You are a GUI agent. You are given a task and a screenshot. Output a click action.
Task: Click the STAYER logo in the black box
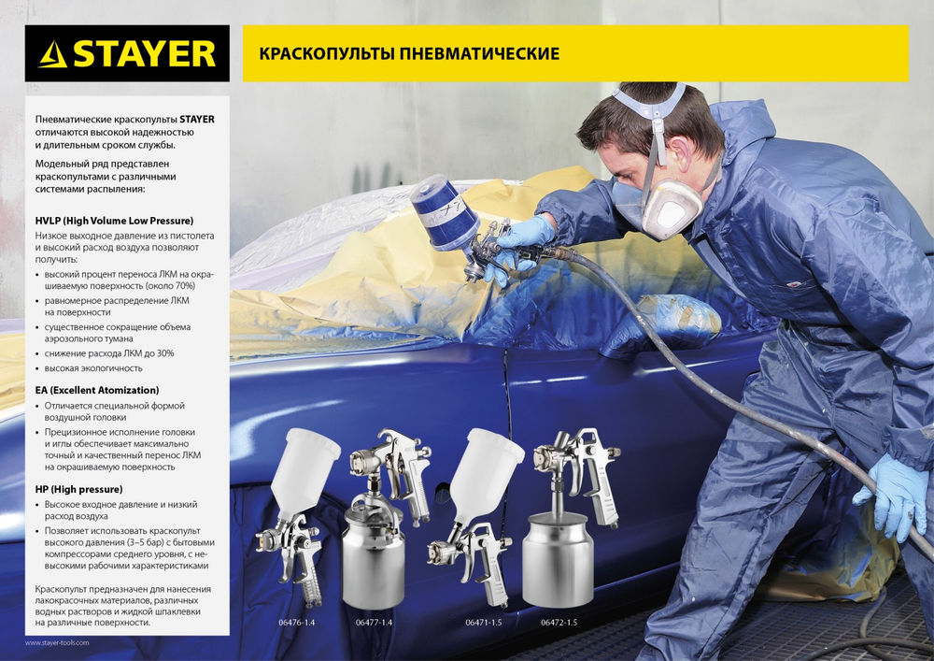tap(127, 53)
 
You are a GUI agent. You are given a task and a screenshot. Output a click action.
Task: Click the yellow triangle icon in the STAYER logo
tap(53, 54)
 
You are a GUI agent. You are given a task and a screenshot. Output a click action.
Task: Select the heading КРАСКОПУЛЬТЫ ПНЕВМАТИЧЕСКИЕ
tap(402, 53)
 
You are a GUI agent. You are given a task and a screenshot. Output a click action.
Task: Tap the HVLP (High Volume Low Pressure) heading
tap(114, 221)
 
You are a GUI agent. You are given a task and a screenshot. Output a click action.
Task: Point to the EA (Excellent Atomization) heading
tap(97, 389)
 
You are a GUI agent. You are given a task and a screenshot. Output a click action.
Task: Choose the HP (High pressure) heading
tap(78, 489)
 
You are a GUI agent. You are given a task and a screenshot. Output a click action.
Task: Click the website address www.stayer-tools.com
tap(57, 643)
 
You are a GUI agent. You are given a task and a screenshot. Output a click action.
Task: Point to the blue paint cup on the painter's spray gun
tap(445, 212)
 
